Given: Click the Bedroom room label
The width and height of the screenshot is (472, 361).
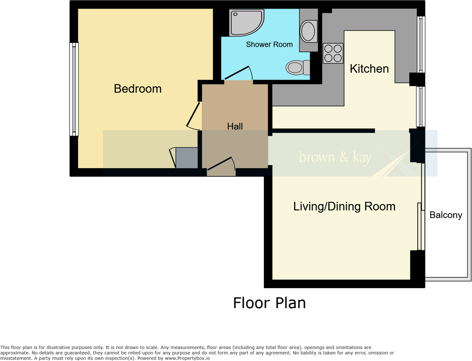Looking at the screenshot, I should click(137, 89).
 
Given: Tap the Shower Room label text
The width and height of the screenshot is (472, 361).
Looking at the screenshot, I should click(269, 45).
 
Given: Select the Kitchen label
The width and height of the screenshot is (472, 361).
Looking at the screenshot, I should click(369, 69).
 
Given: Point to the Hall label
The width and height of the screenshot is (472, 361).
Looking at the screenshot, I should click(235, 126).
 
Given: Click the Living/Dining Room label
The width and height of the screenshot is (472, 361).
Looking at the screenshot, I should click(344, 206).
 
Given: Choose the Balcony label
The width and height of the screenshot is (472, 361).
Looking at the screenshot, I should click(445, 215).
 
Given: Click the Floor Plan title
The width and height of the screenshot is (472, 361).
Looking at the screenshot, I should click(269, 303).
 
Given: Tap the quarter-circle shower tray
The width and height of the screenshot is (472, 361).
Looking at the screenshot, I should click(246, 22).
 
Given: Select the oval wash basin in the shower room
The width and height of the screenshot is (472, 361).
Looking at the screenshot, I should click(308, 31).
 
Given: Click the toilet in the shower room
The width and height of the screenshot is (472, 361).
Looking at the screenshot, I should click(297, 67).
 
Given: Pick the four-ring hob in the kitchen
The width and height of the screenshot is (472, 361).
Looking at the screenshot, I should click(333, 53).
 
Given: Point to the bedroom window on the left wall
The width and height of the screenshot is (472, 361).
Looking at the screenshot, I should click(74, 89).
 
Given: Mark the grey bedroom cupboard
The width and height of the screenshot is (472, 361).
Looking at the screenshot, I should click(186, 158).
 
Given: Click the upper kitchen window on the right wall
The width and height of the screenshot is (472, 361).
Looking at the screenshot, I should click(421, 45).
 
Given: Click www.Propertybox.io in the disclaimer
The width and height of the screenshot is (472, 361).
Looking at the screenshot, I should click(188, 358).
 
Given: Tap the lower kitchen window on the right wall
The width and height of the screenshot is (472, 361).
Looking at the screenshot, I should click(421, 107).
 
